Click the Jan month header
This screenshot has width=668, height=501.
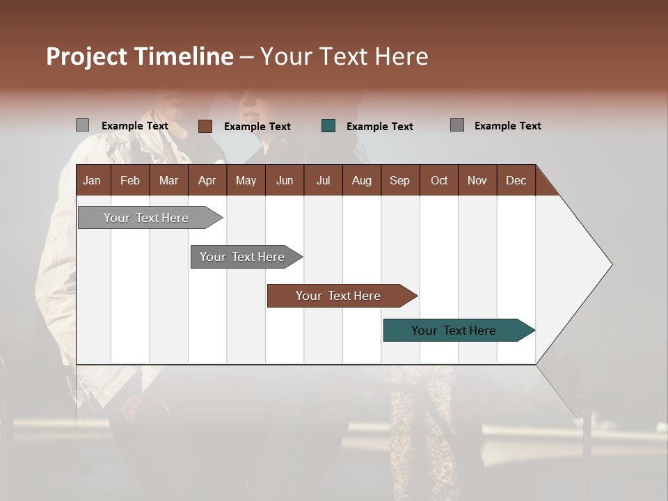(x=92, y=180)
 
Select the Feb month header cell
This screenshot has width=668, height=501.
(x=130, y=180)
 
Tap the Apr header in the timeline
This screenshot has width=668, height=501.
(x=207, y=180)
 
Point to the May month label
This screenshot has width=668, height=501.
(x=246, y=180)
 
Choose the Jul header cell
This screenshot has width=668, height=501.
(x=323, y=180)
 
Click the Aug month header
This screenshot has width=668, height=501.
(x=361, y=180)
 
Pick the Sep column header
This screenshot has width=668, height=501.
(x=399, y=180)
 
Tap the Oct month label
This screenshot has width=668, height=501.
(x=439, y=180)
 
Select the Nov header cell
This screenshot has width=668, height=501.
(x=477, y=180)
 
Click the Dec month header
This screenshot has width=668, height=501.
(x=516, y=180)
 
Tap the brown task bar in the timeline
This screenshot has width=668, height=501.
(x=340, y=296)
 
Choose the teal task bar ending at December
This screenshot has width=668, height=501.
(x=456, y=331)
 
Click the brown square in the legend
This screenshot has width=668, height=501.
(x=205, y=126)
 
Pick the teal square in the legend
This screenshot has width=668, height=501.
(x=328, y=126)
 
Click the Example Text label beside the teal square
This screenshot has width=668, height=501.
(x=379, y=127)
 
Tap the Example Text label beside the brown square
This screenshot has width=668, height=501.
(x=257, y=127)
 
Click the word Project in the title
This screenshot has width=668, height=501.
(x=88, y=56)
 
